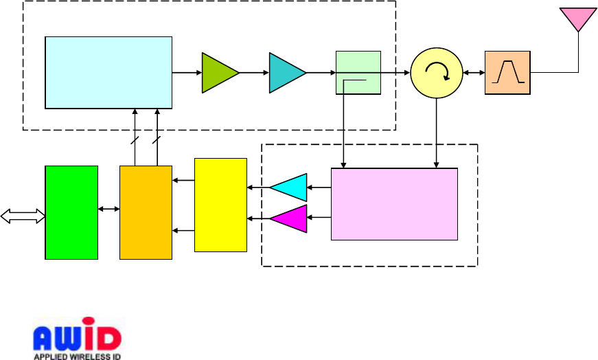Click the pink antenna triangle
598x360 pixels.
(578, 18)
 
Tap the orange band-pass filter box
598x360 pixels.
(507, 72)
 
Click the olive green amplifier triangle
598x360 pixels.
(218, 72)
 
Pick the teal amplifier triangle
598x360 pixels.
(286, 72)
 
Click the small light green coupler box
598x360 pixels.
(358, 72)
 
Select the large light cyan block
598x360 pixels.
(108, 72)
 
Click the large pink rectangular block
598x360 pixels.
(394, 204)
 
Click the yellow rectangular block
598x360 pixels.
(220, 205)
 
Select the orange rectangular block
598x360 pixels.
(146, 212)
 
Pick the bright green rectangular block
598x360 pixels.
(71, 212)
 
